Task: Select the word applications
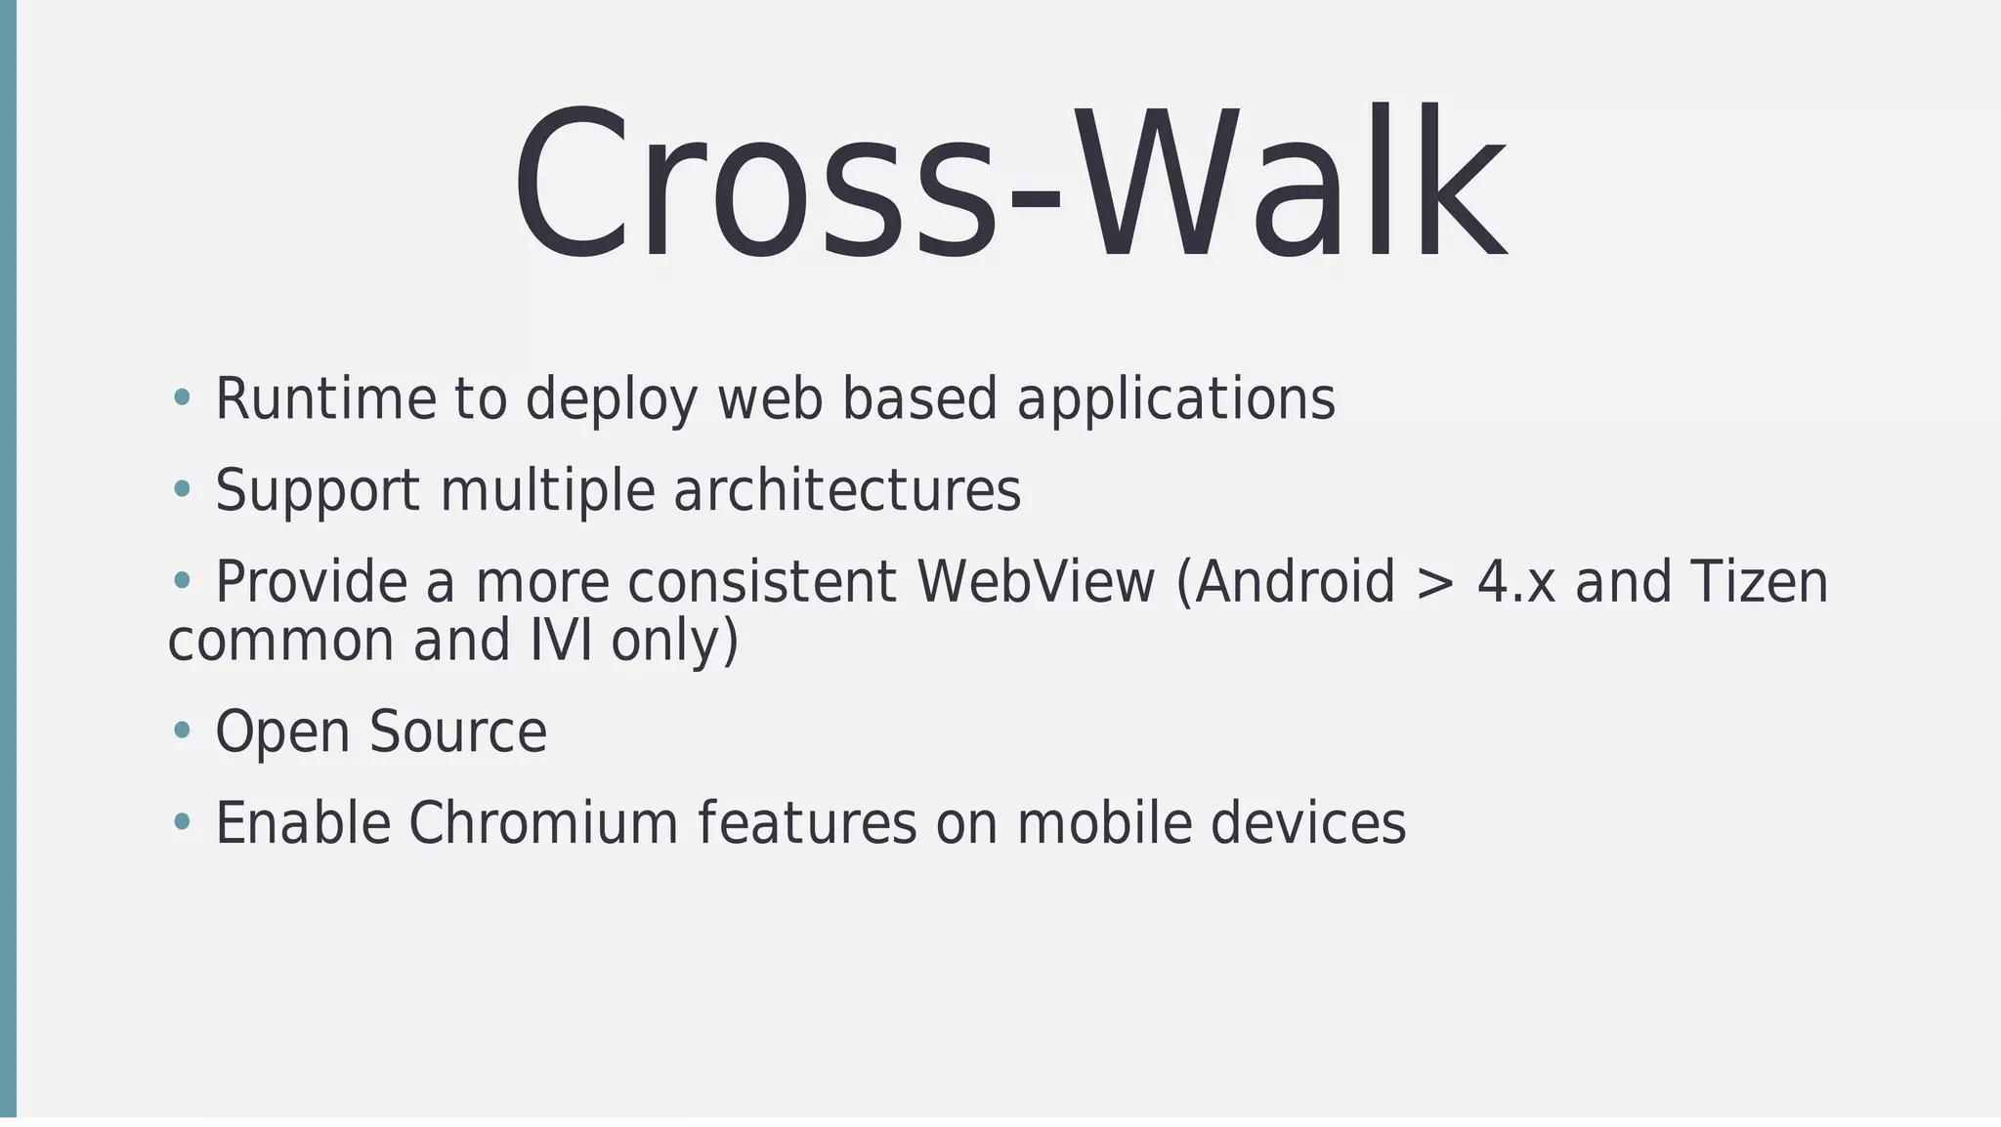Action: click(1175, 398)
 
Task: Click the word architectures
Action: click(847, 490)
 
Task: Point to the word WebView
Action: click(1036, 582)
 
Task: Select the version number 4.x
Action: click(1515, 582)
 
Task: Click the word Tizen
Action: click(1758, 582)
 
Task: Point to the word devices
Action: click(1308, 822)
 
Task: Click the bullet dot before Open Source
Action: click(181, 730)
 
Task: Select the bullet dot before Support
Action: click(181, 488)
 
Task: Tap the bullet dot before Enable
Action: click(181, 821)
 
